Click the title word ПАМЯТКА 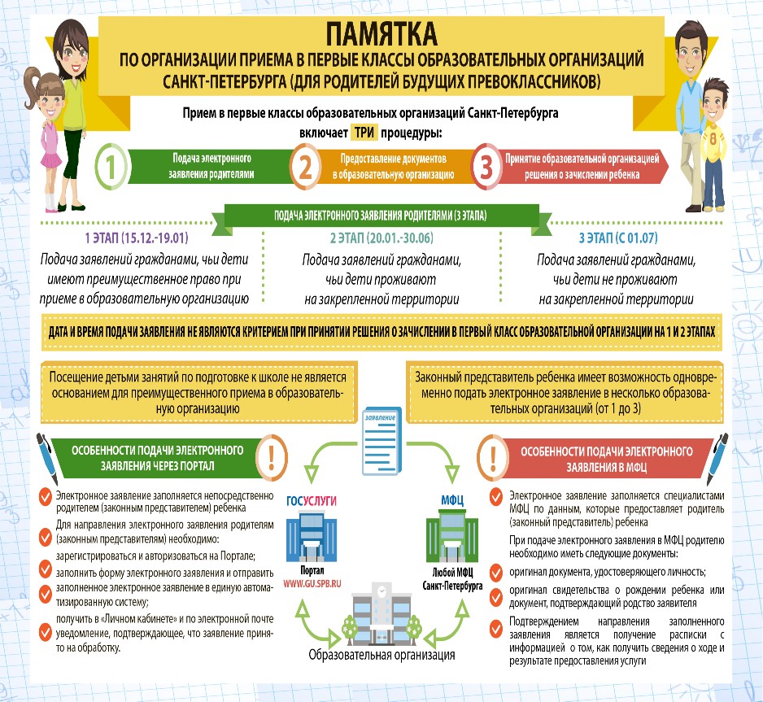coord(381,34)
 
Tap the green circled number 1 coord(111,167)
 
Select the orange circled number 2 coord(305,167)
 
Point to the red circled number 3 coord(486,167)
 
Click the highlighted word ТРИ coord(364,133)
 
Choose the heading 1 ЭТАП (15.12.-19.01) coord(137,238)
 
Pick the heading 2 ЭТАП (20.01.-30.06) coord(381,238)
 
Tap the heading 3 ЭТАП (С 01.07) coord(618,238)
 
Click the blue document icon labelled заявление coord(381,441)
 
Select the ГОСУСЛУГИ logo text coord(312,501)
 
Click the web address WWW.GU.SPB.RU coord(312,584)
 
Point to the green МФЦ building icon coord(452,535)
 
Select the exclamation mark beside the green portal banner coord(272,458)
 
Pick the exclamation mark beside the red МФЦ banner coord(492,458)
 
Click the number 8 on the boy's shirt coord(713,139)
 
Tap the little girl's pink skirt coord(50,159)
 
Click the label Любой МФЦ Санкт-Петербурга coord(452,579)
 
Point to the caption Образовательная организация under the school coord(381,655)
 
